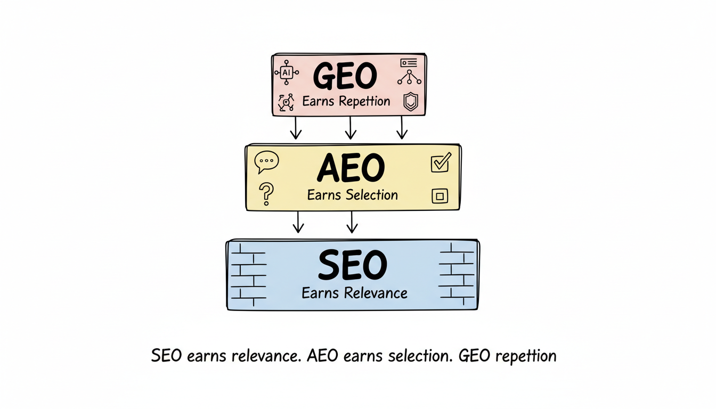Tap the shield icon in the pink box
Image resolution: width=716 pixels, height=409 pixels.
(410, 101)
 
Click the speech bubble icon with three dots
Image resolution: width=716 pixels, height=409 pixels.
(266, 161)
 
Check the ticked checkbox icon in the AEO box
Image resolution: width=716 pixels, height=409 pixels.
(440, 162)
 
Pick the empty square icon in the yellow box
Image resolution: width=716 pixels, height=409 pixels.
(440, 197)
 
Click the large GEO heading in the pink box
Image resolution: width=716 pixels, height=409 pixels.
(345, 76)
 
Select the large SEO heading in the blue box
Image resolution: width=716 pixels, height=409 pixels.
(352, 265)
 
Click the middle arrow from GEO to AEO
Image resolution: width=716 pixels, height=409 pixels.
(350, 128)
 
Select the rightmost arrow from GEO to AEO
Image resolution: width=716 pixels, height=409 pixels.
(402, 128)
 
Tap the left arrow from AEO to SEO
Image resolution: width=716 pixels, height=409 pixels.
(298, 222)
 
